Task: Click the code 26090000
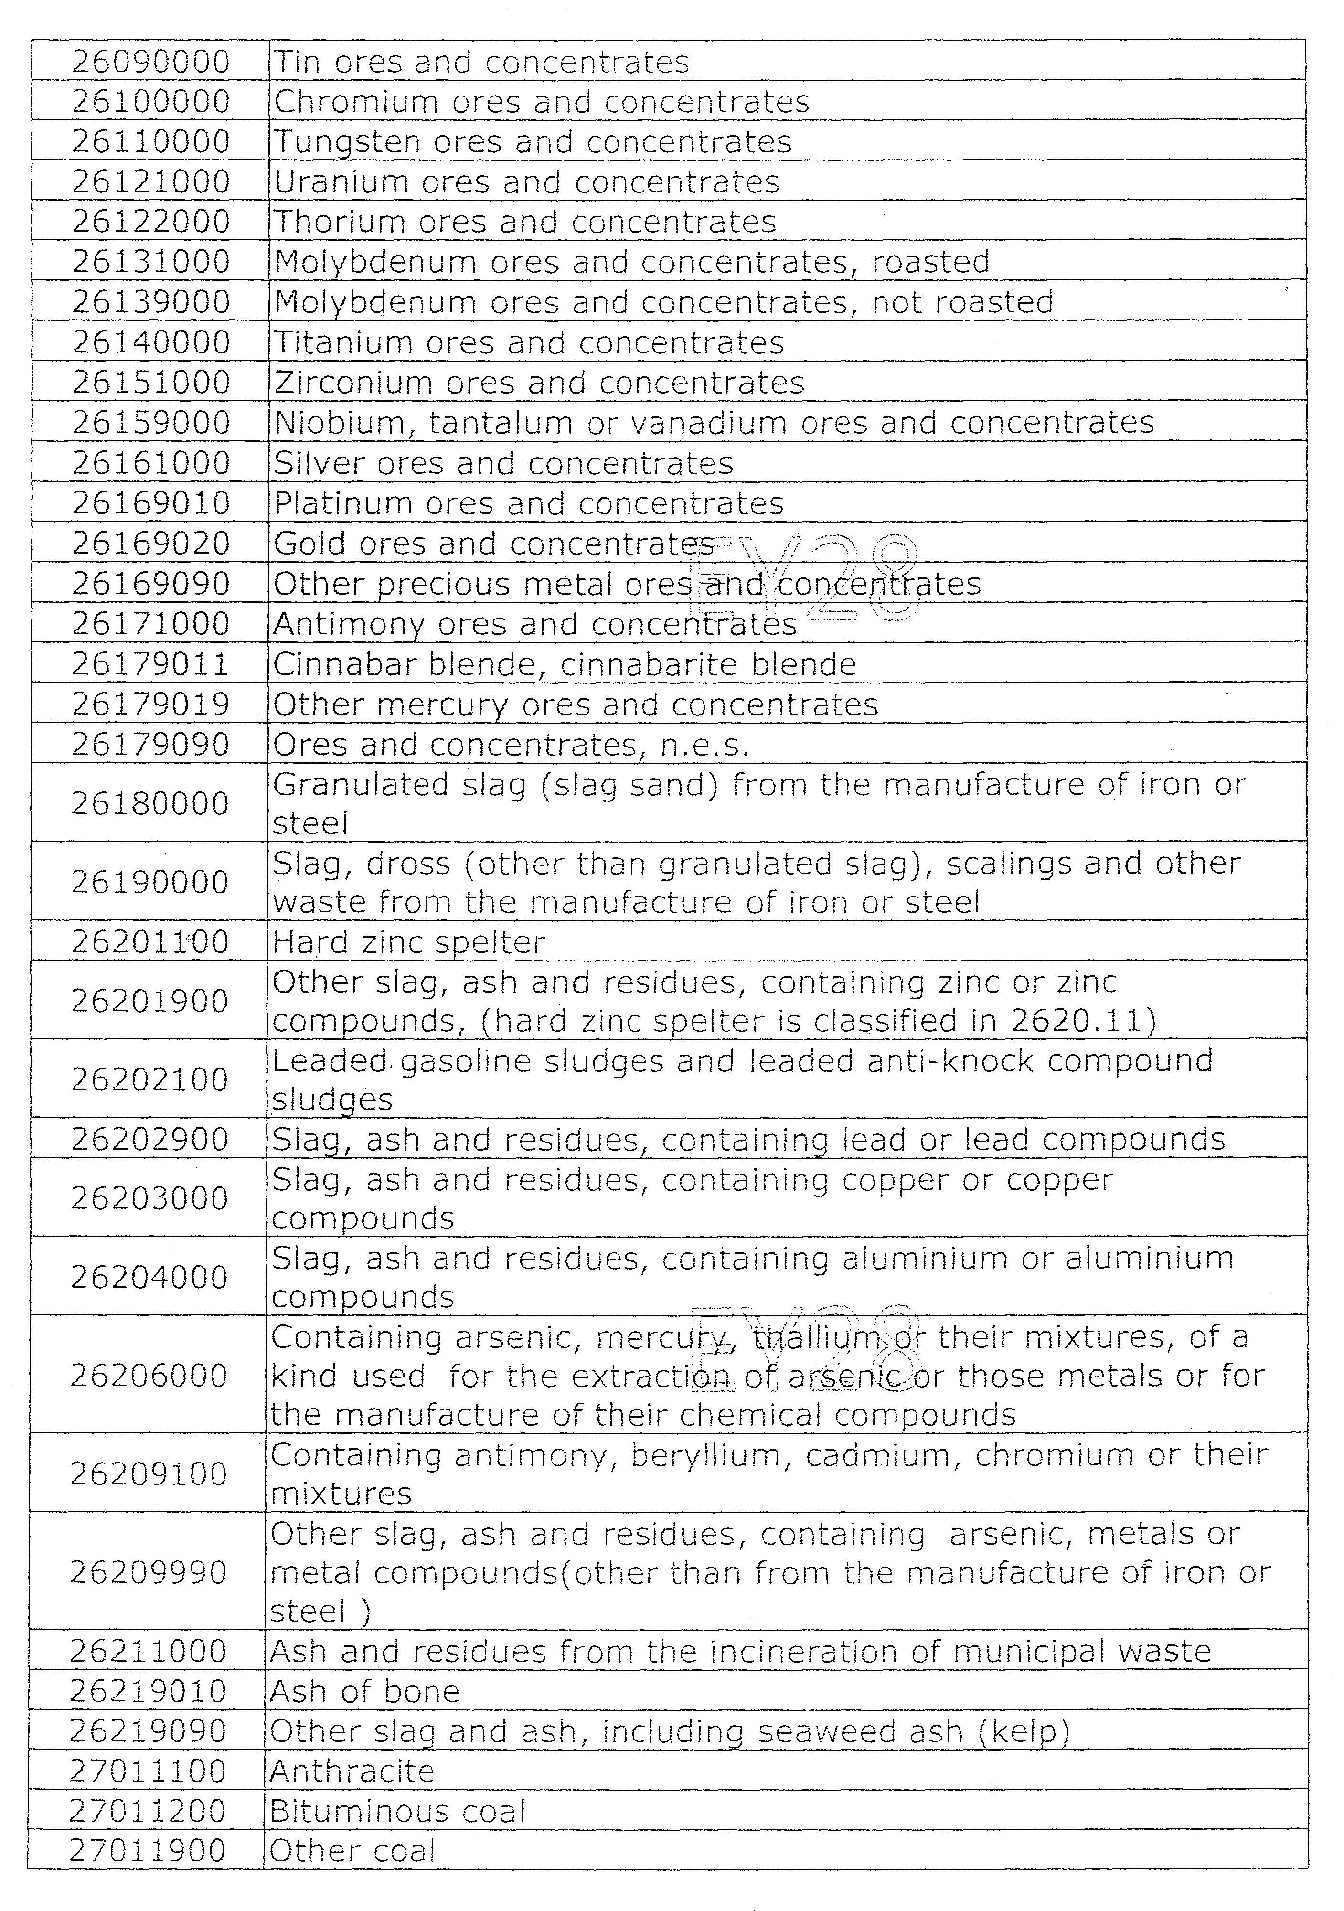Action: tap(150, 62)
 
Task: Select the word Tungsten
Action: tap(347, 142)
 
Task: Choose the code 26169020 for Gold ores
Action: tap(150, 544)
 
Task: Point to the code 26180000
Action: tap(150, 803)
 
